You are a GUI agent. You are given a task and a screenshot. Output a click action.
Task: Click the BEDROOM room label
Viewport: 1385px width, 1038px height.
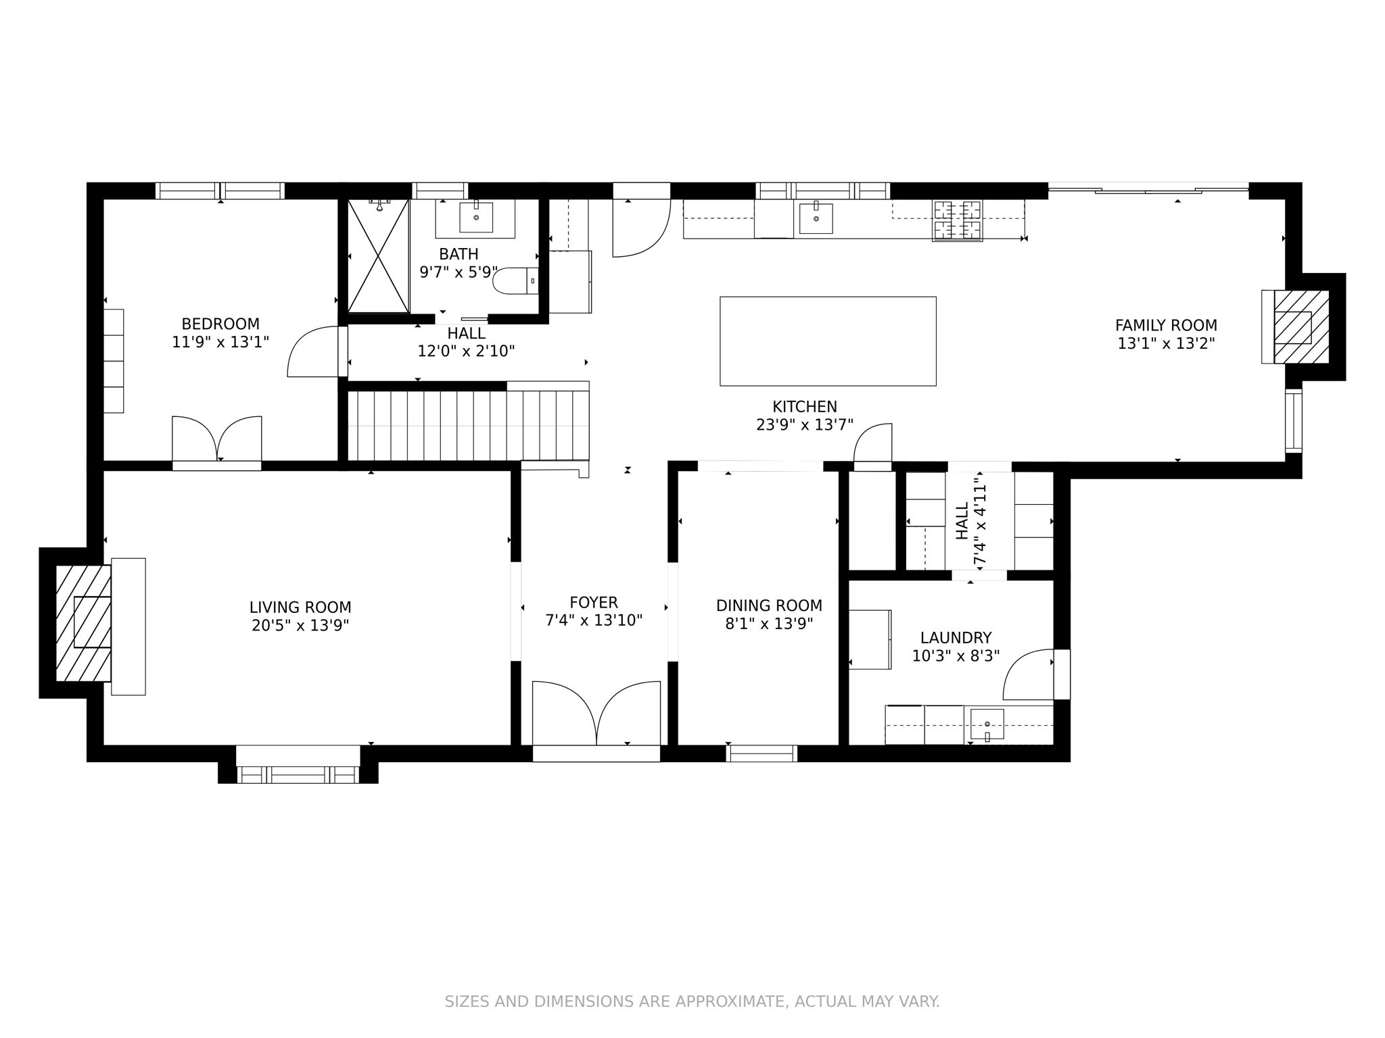(220, 324)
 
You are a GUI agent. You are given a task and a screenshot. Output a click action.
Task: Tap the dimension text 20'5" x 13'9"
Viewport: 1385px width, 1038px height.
(300, 626)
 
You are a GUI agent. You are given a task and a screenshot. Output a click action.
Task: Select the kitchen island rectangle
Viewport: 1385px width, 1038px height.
(828, 341)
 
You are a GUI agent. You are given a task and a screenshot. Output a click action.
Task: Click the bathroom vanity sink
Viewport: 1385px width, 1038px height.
(476, 217)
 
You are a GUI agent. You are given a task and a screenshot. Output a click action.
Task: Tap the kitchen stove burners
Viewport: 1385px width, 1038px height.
(957, 220)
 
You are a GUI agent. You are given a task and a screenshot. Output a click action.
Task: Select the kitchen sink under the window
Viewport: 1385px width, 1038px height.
(816, 218)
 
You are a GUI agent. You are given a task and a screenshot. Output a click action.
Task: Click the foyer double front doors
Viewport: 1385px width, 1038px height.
(596, 715)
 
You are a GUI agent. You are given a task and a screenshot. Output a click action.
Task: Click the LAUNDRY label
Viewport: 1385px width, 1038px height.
(956, 638)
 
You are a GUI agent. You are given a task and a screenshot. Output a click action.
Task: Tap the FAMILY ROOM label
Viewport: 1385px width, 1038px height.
(1166, 325)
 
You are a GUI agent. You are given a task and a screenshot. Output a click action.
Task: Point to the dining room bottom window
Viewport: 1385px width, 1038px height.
(761, 753)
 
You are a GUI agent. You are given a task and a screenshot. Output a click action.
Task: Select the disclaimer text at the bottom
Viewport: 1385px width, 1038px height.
(692, 1002)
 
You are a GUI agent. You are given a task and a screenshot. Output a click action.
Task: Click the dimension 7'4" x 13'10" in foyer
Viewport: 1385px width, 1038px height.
(594, 620)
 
